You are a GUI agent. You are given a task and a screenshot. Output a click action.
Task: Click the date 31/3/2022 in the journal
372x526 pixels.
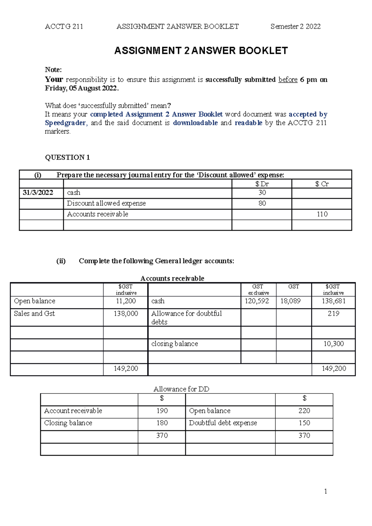point(38,193)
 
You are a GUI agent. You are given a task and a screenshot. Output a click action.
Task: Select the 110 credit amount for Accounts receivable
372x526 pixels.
point(322,214)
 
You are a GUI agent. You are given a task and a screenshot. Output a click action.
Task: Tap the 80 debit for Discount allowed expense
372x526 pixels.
point(262,204)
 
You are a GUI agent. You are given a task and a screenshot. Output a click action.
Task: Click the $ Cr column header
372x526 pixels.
point(322,184)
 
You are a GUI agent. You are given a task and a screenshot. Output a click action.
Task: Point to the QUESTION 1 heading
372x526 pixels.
point(67,157)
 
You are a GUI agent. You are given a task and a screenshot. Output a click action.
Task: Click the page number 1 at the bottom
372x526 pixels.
point(325,491)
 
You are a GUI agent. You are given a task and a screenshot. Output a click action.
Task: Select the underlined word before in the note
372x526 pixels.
point(288,80)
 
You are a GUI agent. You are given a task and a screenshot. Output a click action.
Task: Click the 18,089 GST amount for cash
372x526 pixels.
point(290,301)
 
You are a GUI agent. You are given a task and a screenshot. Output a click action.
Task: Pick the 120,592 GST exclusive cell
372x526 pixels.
point(257,301)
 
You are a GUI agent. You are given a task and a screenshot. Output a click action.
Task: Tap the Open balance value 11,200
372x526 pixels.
point(126,301)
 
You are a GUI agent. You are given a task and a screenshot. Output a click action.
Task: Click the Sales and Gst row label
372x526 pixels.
point(34,313)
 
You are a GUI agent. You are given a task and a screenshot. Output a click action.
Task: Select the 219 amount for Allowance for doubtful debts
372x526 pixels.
point(334,313)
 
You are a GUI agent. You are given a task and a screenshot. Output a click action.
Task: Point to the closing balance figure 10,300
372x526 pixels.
point(334,344)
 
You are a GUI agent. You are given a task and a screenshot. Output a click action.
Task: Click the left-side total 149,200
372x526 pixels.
point(126,369)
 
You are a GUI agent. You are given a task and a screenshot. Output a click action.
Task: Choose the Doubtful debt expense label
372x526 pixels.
point(223,423)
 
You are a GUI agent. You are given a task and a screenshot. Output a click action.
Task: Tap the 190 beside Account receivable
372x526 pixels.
point(162,411)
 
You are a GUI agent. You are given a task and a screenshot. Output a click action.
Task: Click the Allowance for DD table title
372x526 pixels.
point(181,389)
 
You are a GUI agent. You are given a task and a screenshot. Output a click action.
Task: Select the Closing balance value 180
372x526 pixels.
point(162,423)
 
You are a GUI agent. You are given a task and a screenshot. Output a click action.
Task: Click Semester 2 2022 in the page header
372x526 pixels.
point(295,27)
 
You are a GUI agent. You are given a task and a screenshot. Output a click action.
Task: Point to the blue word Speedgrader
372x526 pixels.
point(65,123)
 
